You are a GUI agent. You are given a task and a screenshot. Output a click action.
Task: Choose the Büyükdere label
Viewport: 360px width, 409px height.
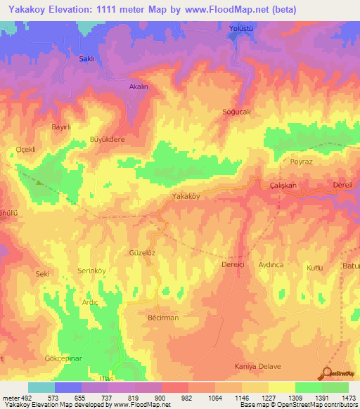coord(107,140)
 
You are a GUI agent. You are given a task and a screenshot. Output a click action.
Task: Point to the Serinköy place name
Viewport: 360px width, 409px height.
coord(91,271)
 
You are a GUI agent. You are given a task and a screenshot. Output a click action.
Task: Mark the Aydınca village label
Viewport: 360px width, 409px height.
coord(271,264)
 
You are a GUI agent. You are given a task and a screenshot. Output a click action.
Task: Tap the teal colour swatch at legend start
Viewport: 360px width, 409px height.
coord(41,387)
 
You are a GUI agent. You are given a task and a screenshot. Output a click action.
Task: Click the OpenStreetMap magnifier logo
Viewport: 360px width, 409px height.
coord(326,373)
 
